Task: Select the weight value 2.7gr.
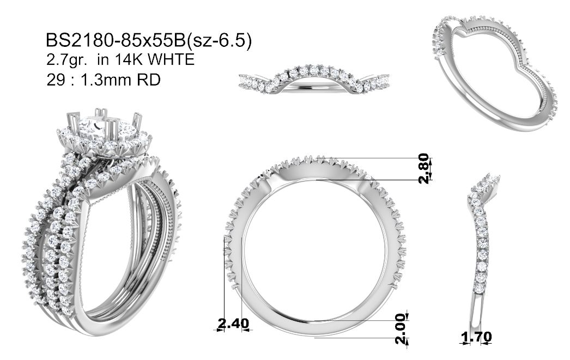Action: click(66, 60)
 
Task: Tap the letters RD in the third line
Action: click(148, 80)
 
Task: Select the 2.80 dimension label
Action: click(424, 168)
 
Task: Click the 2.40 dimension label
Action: click(233, 323)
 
